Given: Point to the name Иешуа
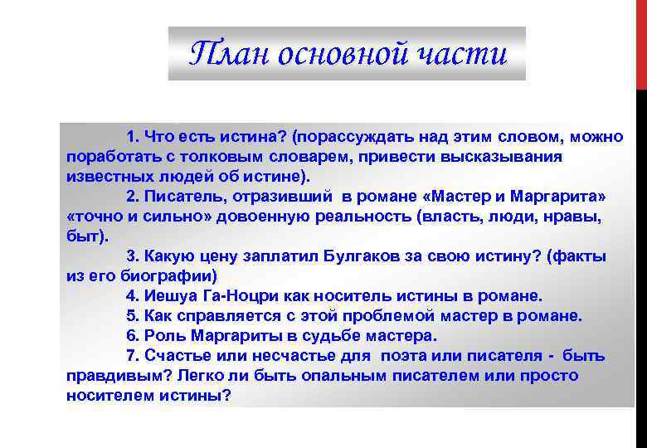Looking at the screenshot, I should point(171,296).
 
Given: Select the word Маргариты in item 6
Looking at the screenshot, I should point(235,336).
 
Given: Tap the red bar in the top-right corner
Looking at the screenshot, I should point(641,41).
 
